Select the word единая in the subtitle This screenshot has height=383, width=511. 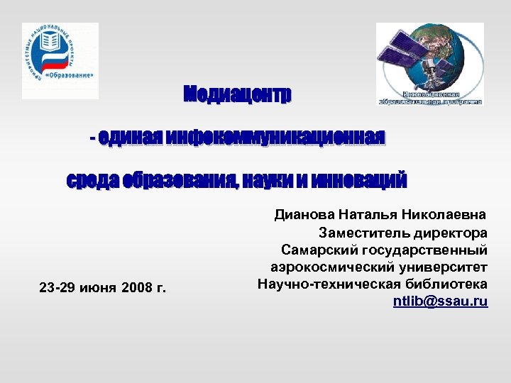pyautogui.click(x=131, y=137)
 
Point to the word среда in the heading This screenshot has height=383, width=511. pyautogui.click(x=92, y=180)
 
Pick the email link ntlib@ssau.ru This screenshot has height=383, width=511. pyautogui.click(x=441, y=301)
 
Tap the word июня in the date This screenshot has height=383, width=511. pyautogui.click(x=97, y=289)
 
